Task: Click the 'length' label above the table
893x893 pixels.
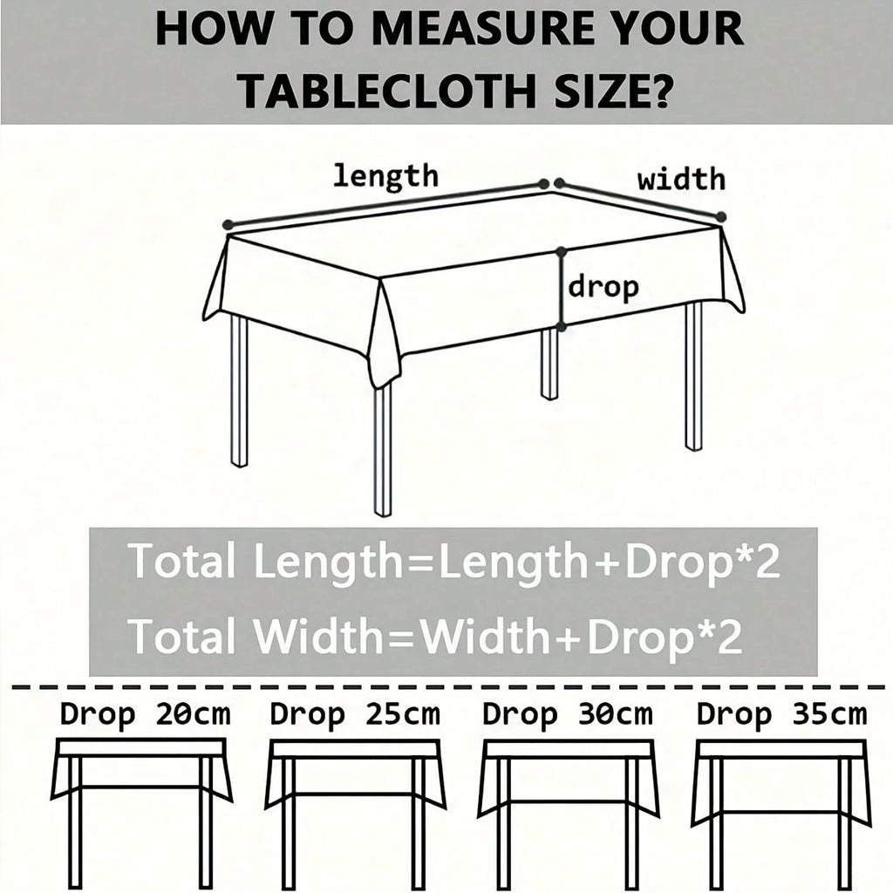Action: pyautogui.click(x=385, y=175)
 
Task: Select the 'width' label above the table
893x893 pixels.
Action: pyautogui.click(x=682, y=180)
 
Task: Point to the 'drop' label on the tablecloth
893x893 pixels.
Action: pyautogui.click(x=603, y=287)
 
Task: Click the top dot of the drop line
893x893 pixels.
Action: pyautogui.click(x=562, y=251)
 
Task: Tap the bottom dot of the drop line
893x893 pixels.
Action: pyautogui.click(x=562, y=327)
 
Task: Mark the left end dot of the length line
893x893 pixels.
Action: pyautogui.click(x=228, y=224)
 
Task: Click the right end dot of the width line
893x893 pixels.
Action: pyautogui.click(x=721, y=216)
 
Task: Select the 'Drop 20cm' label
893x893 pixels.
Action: pyautogui.click(x=146, y=714)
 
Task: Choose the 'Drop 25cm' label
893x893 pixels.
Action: pyautogui.click(x=355, y=714)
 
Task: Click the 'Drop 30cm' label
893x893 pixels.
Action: pyautogui.click(x=567, y=714)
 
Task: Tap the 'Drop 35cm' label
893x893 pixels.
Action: pyautogui.click(x=781, y=714)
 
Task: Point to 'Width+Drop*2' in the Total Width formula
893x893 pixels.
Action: pyautogui.click(x=582, y=635)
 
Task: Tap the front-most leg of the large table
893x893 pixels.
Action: pyautogui.click(x=383, y=449)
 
